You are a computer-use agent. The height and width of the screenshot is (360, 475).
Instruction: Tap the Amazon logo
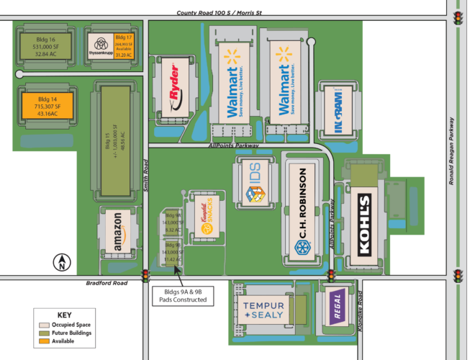(117, 233)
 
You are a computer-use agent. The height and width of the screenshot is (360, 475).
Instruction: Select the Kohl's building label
(364, 224)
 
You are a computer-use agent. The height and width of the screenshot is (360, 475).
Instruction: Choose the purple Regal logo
(335, 306)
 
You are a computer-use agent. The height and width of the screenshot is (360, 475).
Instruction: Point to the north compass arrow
(62, 264)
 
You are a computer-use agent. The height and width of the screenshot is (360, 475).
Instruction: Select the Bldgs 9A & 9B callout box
(183, 294)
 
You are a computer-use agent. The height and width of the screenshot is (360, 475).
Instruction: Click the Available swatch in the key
(44, 341)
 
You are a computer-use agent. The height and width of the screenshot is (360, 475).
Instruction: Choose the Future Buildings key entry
(60, 333)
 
